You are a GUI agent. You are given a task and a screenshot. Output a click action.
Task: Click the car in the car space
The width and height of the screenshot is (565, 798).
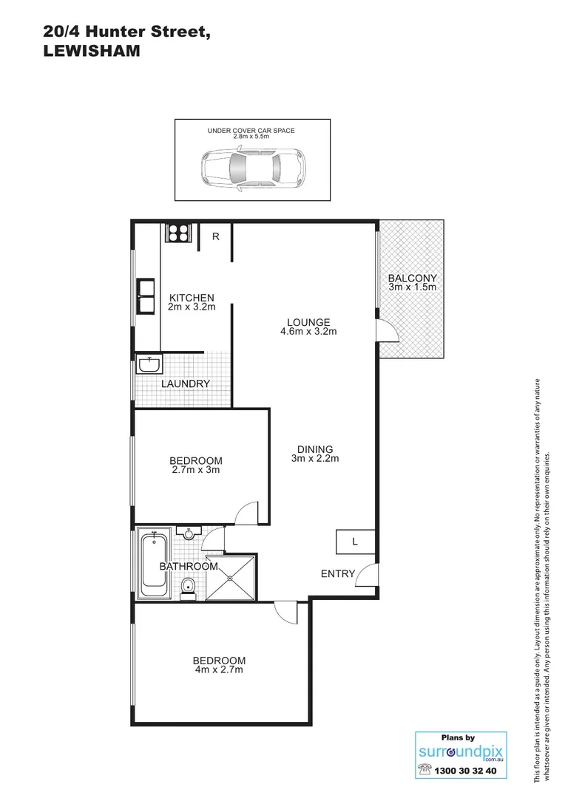pos(251,170)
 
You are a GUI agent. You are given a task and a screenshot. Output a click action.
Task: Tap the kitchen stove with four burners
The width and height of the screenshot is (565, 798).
pos(177,233)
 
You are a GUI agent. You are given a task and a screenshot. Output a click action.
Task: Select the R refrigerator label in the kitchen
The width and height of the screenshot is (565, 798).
pos(216,237)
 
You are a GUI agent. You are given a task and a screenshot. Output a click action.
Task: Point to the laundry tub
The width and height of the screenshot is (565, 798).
pos(149,365)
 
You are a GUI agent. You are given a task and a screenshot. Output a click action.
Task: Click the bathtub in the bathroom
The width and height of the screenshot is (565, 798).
pos(155,561)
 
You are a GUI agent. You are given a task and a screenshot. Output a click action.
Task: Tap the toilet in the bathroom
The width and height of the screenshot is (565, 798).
pos(188,587)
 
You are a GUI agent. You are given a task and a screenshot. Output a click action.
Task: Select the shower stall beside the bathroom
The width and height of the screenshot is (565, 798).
pos(231,576)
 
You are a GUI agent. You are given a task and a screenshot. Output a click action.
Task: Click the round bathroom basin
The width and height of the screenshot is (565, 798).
pos(189,533)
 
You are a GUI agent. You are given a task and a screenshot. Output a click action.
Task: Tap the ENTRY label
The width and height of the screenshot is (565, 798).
pos(338,573)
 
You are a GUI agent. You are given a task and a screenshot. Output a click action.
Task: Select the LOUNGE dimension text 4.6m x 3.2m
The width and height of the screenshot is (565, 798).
pos(309,332)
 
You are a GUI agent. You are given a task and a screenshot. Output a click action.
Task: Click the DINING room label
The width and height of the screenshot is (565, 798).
pos(315,449)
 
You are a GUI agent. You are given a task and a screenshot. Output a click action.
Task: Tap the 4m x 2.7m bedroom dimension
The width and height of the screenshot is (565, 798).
pos(219,670)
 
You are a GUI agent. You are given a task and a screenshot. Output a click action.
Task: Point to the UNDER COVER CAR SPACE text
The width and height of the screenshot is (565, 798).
pos(251,131)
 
